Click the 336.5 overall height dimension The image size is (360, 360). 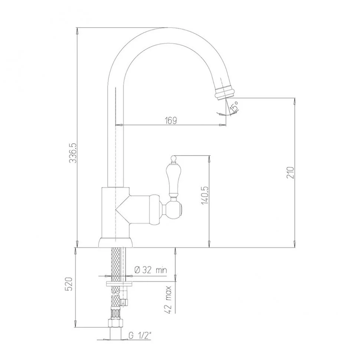73,153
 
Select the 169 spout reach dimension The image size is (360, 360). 171,121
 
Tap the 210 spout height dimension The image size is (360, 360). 290,173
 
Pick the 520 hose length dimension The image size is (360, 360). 69,284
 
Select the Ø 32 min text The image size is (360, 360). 151,270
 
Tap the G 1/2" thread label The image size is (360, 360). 140,336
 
